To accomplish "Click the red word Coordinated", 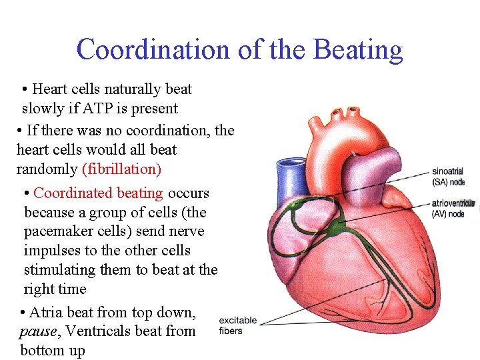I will pyautogui.click(x=73, y=193).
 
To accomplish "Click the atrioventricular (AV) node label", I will pyautogui.click(x=453, y=208).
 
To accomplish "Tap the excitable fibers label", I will pyautogui.click(x=237, y=325).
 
